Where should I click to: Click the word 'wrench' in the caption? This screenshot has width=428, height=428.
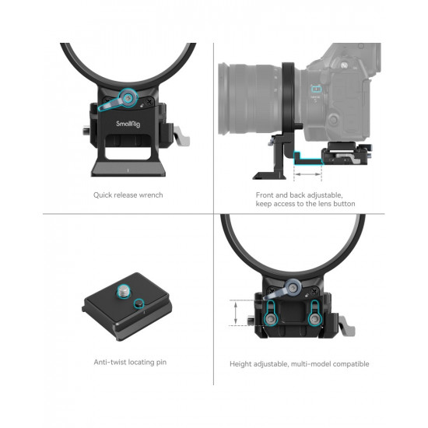tap(150, 195)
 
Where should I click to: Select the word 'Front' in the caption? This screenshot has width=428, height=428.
tap(267, 195)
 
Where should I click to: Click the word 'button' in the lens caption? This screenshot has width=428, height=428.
tap(343, 204)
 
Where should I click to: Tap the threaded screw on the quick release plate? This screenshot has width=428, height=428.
tap(125, 293)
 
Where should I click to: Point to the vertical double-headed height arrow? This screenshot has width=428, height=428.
tap(234, 314)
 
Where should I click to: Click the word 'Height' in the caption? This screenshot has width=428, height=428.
tap(241, 363)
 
